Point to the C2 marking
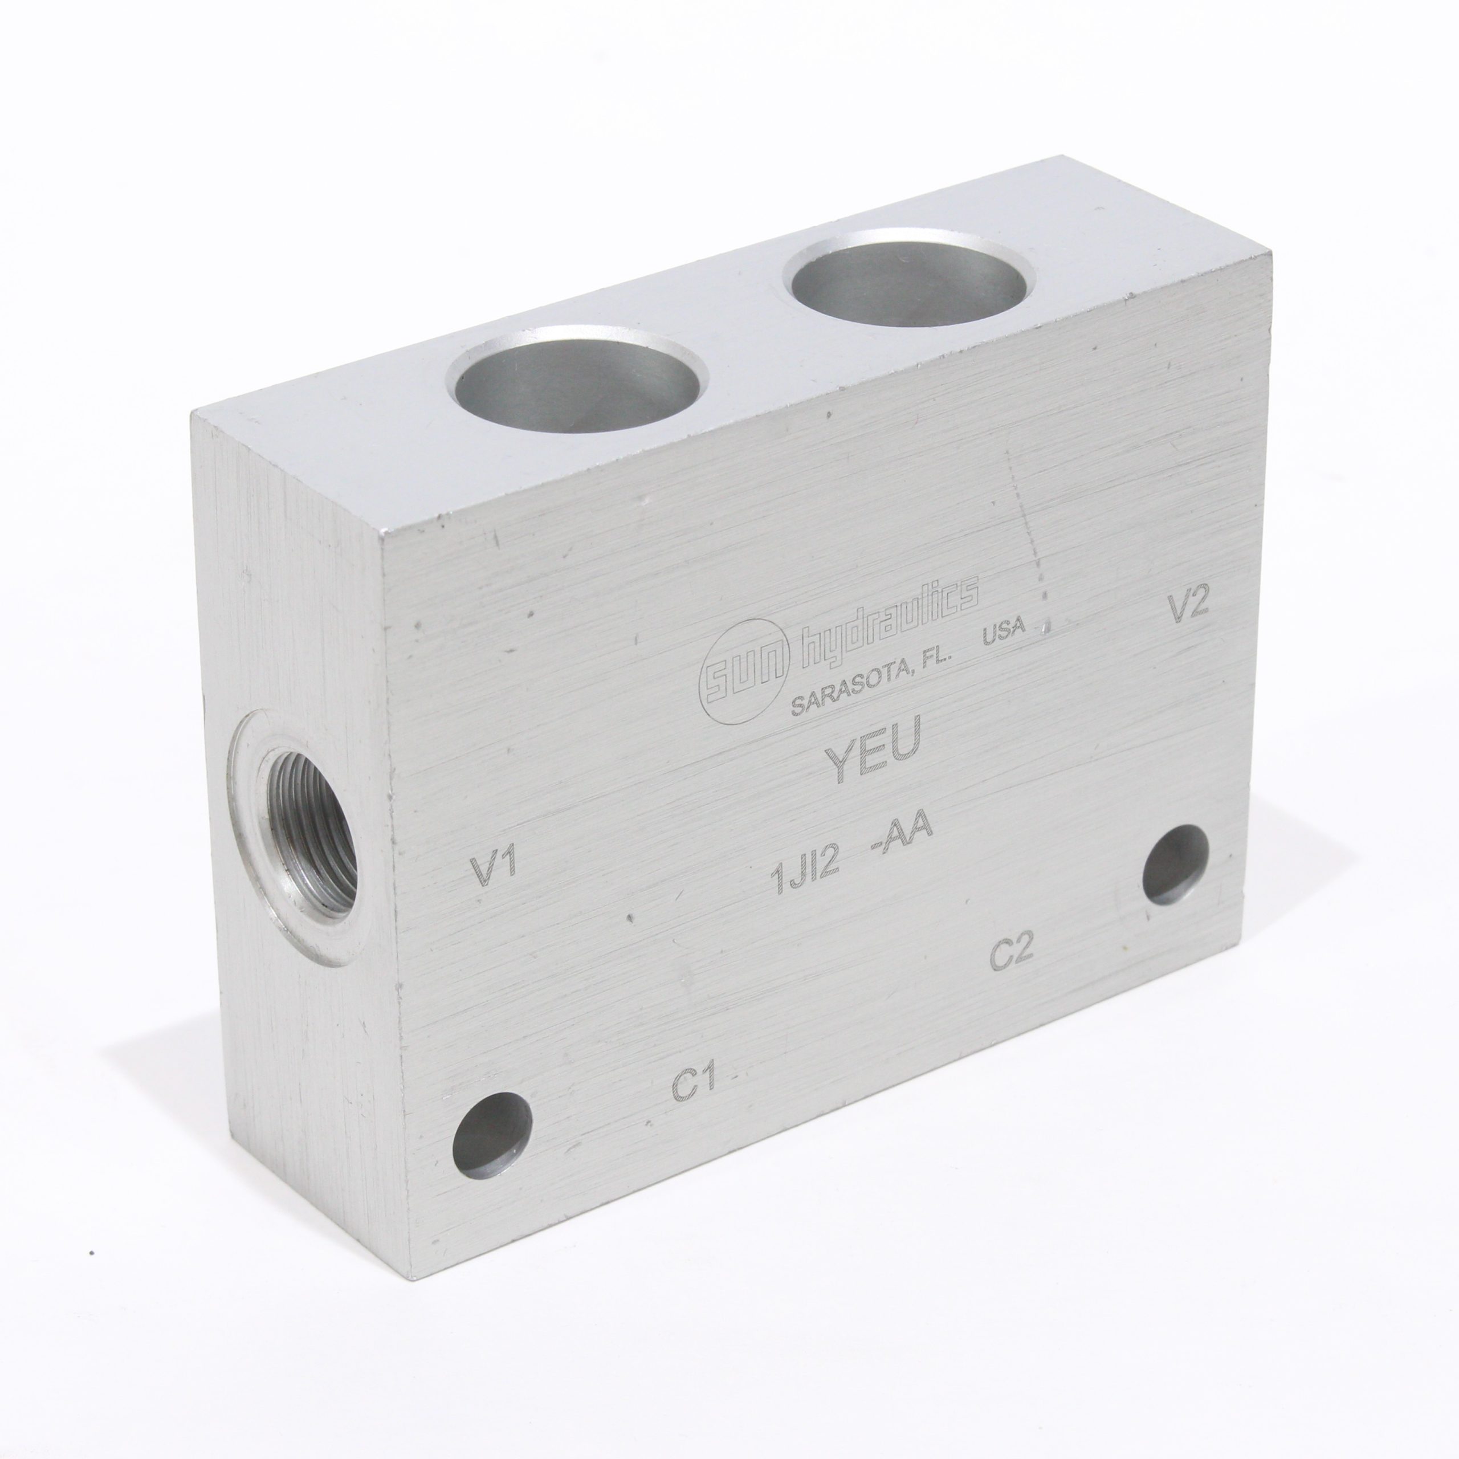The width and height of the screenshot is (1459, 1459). click(1010, 953)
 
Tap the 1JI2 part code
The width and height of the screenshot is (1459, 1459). click(805, 878)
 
